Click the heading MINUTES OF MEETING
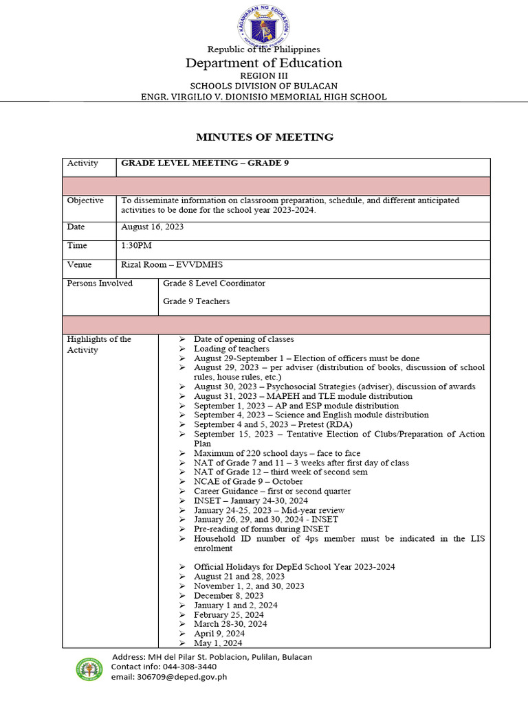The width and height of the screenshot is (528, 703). pyautogui.click(x=264, y=137)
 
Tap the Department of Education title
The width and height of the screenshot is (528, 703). pyautogui.click(x=264, y=63)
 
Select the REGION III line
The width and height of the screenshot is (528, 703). pyautogui.click(x=264, y=76)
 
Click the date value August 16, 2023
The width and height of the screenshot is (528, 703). pyautogui.click(x=152, y=227)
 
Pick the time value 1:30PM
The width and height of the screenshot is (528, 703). pyautogui.click(x=136, y=245)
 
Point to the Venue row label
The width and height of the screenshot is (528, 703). pyautogui.click(x=79, y=264)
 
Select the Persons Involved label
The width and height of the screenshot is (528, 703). pyautogui.click(x=100, y=283)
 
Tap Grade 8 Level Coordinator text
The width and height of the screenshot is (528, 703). pyautogui.click(x=214, y=283)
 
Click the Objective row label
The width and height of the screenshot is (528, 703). pyautogui.click(x=85, y=200)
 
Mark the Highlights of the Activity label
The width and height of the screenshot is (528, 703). pyautogui.click(x=98, y=345)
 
